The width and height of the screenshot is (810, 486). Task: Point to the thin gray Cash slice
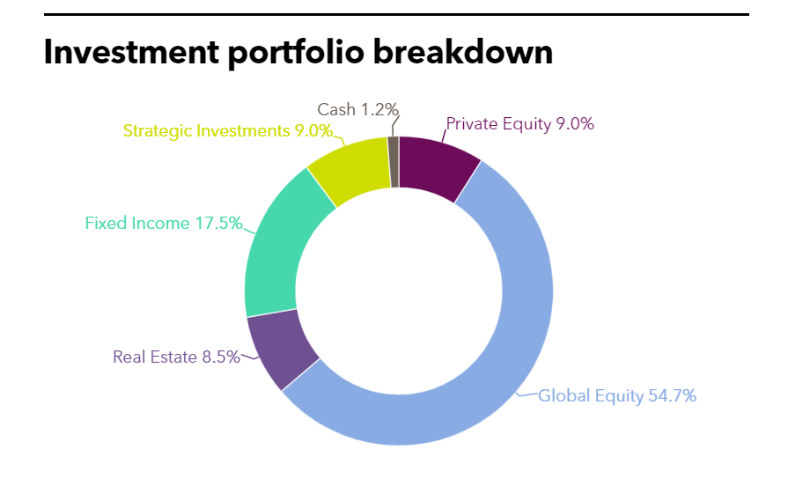pyautogui.click(x=394, y=161)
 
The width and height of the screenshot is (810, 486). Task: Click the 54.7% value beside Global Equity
pyautogui.click(x=673, y=396)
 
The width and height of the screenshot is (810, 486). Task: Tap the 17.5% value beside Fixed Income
pyautogui.click(x=218, y=224)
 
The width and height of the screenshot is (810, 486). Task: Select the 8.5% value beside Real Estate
pyautogui.click(x=220, y=357)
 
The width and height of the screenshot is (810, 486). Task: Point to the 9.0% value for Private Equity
pyautogui.click(x=575, y=124)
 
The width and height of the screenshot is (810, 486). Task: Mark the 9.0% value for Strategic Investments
pyautogui.click(x=313, y=131)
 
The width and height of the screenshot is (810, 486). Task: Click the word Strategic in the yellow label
pyautogui.click(x=155, y=131)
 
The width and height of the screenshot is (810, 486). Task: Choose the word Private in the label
pyautogui.click(x=474, y=124)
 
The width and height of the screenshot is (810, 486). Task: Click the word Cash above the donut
pyautogui.click(x=336, y=110)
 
